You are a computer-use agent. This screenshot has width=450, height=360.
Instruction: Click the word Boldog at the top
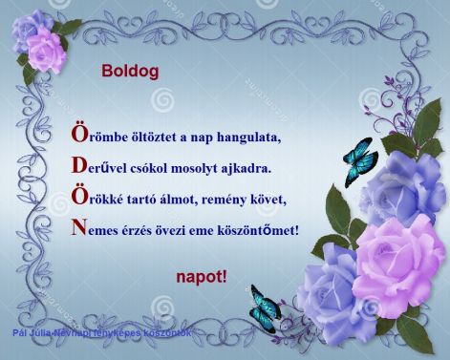click(x=132, y=71)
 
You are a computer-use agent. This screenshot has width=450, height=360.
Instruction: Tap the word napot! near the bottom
click(x=203, y=277)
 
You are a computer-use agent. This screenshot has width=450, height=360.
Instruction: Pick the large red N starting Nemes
click(x=79, y=229)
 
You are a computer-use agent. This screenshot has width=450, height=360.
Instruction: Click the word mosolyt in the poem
click(x=194, y=168)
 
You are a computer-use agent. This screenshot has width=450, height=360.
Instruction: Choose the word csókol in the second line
click(x=146, y=168)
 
